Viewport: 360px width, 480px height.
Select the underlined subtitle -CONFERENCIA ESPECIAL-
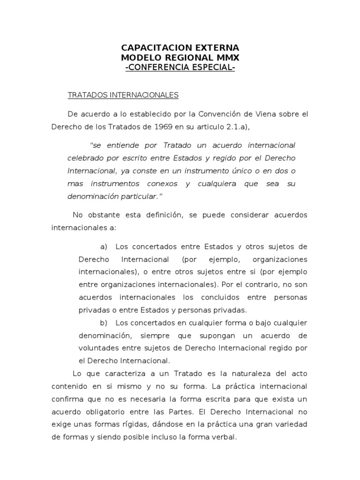click(x=180, y=67)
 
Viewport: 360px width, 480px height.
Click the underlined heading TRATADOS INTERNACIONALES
click(x=123, y=95)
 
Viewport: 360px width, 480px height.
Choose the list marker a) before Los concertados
click(x=104, y=247)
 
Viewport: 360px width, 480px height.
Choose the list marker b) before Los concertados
click(x=104, y=323)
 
